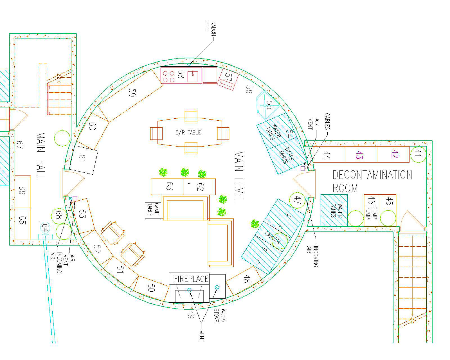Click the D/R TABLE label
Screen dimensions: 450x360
click(x=188, y=132)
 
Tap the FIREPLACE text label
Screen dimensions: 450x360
click(x=191, y=279)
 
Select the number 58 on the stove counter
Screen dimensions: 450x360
click(x=181, y=75)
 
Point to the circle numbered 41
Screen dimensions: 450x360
click(x=418, y=154)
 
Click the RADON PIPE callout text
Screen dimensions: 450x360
click(x=210, y=30)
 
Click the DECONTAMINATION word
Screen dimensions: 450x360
click(x=372, y=175)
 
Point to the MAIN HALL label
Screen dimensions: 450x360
click(x=41, y=156)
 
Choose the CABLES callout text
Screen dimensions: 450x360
click(x=327, y=121)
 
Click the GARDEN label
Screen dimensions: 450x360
click(x=273, y=237)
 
